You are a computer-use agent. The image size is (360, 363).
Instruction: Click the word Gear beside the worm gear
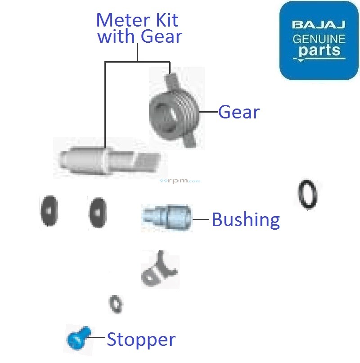(238, 112)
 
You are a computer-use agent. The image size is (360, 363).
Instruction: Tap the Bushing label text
(245, 220)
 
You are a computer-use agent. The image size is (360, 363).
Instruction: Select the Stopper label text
(141, 340)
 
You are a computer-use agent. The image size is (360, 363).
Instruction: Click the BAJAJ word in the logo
(319, 24)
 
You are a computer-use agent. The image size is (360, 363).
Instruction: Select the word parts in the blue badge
(319, 50)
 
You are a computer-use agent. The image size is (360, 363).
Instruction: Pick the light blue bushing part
(167, 217)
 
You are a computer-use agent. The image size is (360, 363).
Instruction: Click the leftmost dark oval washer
(48, 211)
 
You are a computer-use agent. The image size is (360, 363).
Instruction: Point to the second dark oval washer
(98, 212)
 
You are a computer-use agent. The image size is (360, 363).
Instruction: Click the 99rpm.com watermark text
(180, 181)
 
